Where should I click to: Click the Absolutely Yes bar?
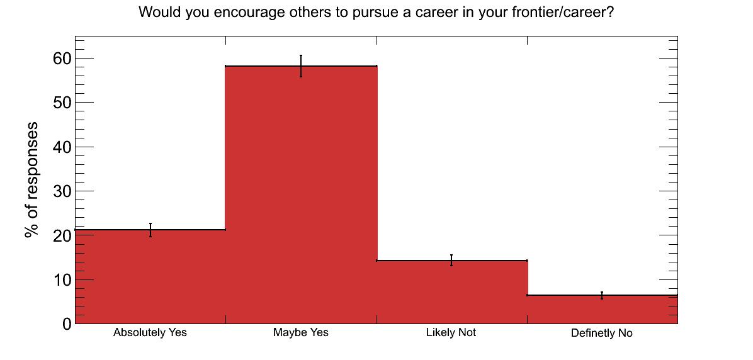click(x=150, y=276)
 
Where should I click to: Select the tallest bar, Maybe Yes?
click(x=301, y=195)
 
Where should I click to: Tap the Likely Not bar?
click(x=452, y=292)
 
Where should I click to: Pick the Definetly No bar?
click(x=603, y=310)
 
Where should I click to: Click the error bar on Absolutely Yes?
click(x=150, y=230)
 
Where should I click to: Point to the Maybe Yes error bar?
click(x=300, y=65)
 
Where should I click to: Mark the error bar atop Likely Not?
click(x=451, y=260)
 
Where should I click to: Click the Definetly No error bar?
click(x=602, y=295)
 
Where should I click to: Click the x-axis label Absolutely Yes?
click(x=150, y=332)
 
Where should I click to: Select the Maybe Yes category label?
click(x=300, y=332)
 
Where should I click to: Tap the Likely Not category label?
click(x=451, y=332)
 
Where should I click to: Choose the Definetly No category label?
click(x=602, y=333)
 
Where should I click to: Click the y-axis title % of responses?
click(x=32, y=180)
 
